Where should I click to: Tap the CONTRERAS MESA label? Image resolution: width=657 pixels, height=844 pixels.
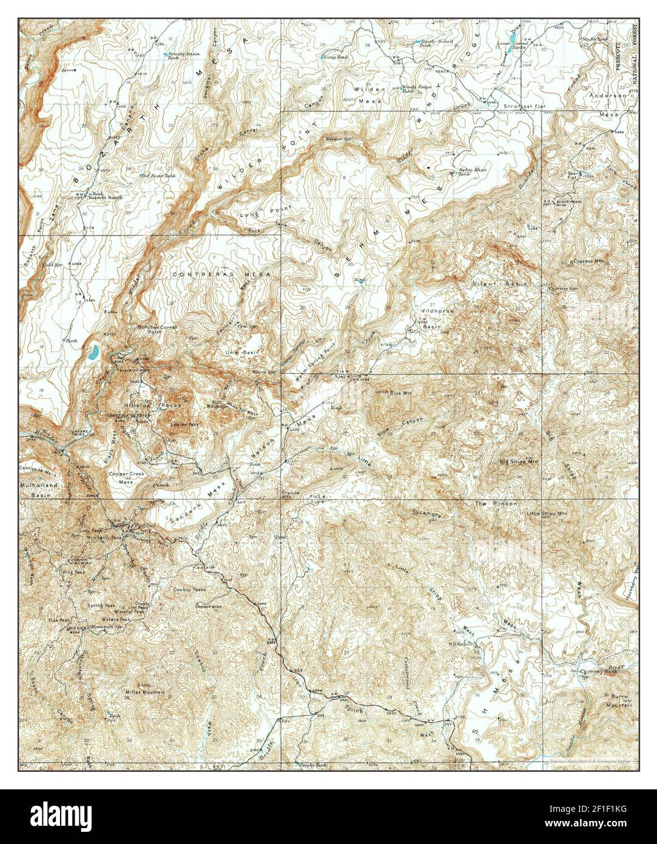pyautogui.click(x=221, y=274)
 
